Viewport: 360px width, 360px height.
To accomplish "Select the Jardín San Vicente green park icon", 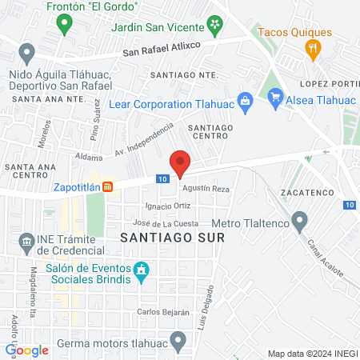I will click(x=215, y=26).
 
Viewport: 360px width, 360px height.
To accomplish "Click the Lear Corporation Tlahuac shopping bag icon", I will click(x=246, y=99).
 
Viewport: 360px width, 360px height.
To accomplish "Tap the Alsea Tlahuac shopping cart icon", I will click(x=276, y=99).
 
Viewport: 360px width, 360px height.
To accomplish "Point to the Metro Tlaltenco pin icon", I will click(x=300, y=219).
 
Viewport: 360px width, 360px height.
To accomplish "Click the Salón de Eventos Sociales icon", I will click(x=142, y=272).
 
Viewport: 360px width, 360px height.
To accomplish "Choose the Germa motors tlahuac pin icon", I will click(x=179, y=342).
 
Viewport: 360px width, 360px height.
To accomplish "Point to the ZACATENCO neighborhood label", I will click(x=307, y=194).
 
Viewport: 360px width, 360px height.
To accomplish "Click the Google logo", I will click(x=27, y=350).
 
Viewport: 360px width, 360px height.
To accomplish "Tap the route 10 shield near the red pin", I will click(x=162, y=179).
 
